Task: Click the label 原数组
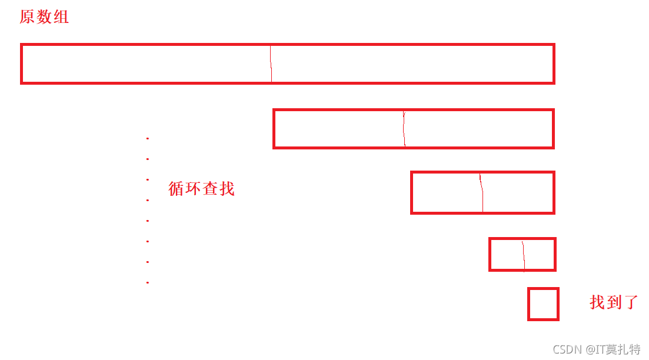point(44,17)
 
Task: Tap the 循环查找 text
point(201,189)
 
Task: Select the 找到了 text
point(614,302)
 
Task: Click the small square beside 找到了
point(543,304)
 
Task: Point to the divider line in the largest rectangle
point(271,64)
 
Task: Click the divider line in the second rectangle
point(404,129)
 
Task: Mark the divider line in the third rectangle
point(482,192)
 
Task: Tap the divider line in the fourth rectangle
point(523,254)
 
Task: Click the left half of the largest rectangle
point(146,64)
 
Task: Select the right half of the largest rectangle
point(412,64)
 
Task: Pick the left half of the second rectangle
point(339,129)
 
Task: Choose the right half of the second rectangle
point(478,129)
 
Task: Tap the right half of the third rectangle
point(517,192)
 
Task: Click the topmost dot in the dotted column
point(147,138)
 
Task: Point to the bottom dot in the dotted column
point(147,283)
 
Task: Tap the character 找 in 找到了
point(597,302)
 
